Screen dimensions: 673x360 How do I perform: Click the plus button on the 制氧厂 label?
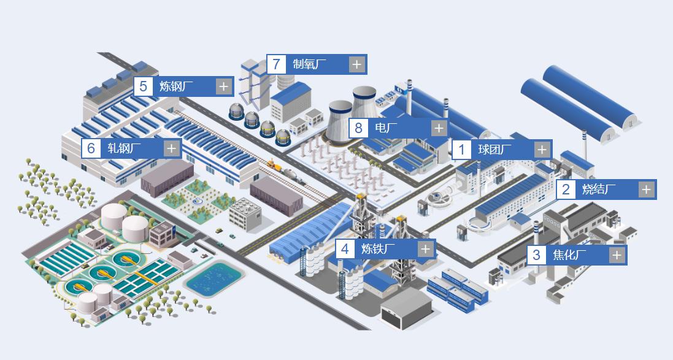coord(356,64)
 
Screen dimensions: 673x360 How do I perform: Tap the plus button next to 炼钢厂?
coord(223,86)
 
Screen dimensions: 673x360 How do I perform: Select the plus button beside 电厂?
coord(439,128)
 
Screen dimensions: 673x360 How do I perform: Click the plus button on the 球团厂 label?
coord(542,150)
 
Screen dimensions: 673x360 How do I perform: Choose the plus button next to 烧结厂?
coord(647,190)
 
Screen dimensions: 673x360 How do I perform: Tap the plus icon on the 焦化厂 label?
coord(617,255)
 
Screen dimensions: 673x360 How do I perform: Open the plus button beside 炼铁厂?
coord(425,249)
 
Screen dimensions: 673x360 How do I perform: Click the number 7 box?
coord(277,64)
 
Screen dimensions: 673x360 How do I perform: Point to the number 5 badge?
coord(144,86)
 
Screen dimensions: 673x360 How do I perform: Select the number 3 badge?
coord(537,255)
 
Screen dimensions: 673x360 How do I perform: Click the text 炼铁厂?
coord(378,249)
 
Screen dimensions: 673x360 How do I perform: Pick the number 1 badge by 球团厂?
coord(462,150)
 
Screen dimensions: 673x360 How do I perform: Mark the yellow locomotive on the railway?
coord(273,164)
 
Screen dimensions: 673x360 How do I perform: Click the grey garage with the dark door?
coord(406,310)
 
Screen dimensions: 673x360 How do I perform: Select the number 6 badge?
coord(91,148)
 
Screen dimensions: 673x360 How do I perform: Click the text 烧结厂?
coord(599,190)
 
